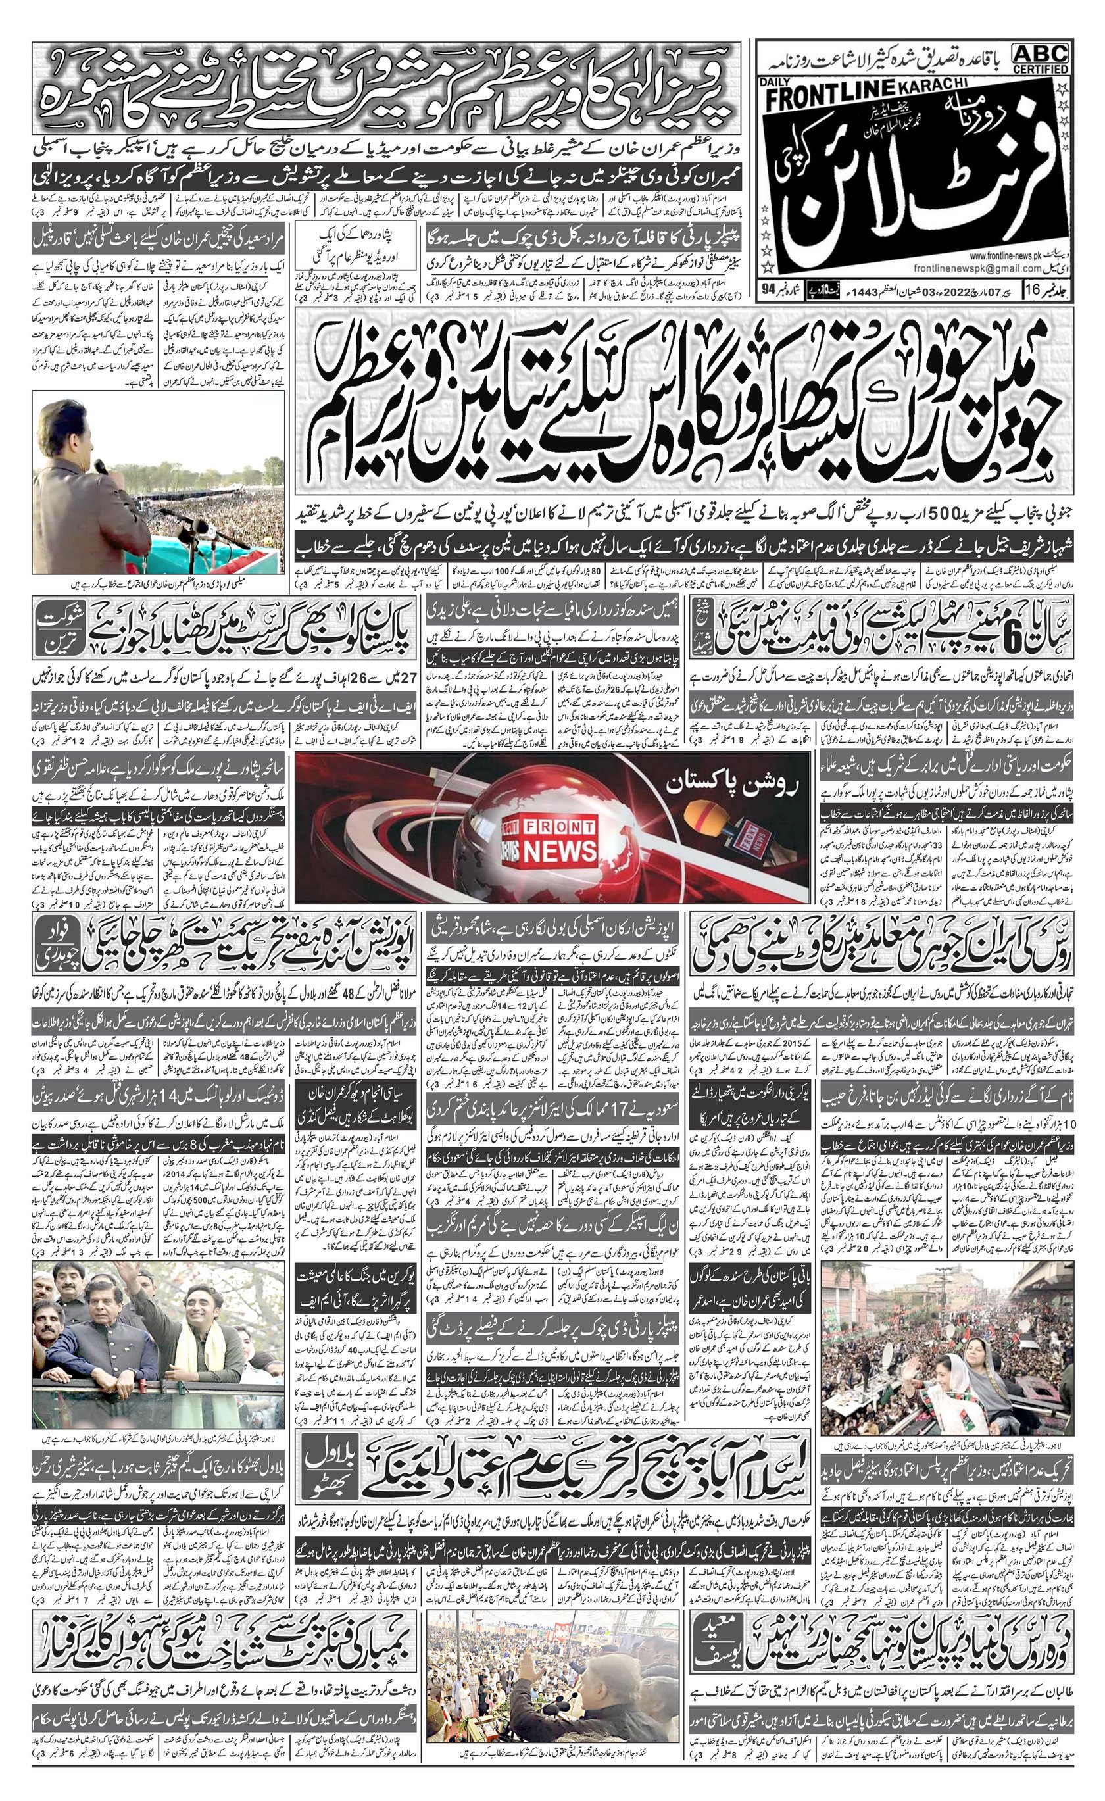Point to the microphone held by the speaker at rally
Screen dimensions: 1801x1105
coord(99,466)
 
